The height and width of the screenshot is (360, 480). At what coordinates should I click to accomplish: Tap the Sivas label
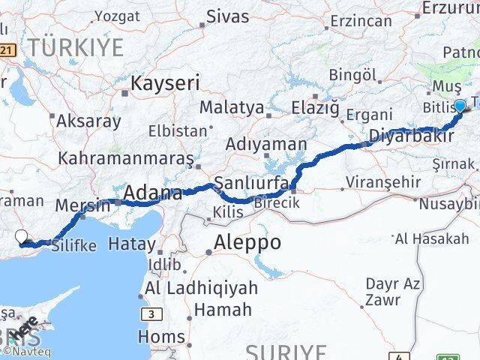[227, 16]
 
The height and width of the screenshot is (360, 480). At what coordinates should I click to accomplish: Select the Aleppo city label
[247, 242]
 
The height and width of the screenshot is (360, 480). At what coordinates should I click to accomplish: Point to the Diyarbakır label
[410, 137]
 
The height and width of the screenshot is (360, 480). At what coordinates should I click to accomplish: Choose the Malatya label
[232, 108]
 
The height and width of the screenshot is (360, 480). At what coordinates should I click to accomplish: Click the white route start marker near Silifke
[23, 238]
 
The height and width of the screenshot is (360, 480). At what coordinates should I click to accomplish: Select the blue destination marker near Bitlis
[460, 106]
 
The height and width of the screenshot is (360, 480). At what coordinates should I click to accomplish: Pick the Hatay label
[131, 244]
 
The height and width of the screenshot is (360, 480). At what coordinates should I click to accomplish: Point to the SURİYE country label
[286, 352]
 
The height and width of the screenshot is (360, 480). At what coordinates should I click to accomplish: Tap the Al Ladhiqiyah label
[202, 289]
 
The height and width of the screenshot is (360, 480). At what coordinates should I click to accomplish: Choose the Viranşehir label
[379, 181]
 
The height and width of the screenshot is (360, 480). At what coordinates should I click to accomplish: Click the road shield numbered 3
[153, 313]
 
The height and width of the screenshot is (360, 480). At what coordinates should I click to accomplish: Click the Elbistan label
[178, 130]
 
